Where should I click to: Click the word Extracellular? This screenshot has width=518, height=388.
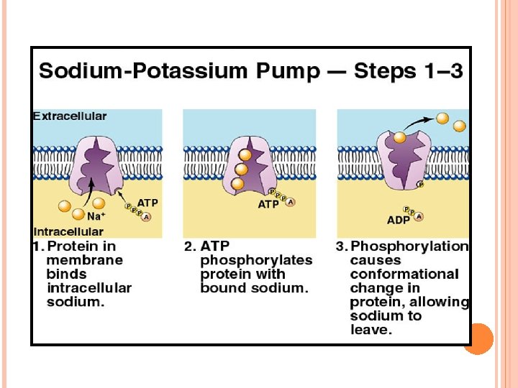click(70, 116)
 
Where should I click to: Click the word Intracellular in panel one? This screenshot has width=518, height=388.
click(68, 231)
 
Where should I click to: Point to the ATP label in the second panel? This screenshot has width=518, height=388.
click(268, 205)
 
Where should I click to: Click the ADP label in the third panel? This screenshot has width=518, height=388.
click(398, 220)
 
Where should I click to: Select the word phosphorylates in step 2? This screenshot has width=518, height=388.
click(256, 260)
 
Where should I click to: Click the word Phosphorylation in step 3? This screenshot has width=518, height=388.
click(409, 246)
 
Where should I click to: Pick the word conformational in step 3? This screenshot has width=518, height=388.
click(404, 274)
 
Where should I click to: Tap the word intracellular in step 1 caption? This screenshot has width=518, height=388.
click(89, 287)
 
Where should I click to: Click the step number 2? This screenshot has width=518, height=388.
click(189, 246)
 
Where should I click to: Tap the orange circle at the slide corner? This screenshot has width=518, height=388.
click(478, 338)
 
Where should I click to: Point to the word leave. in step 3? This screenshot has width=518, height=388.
click(371, 330)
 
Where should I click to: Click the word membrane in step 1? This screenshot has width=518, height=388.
click(84, 260)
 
